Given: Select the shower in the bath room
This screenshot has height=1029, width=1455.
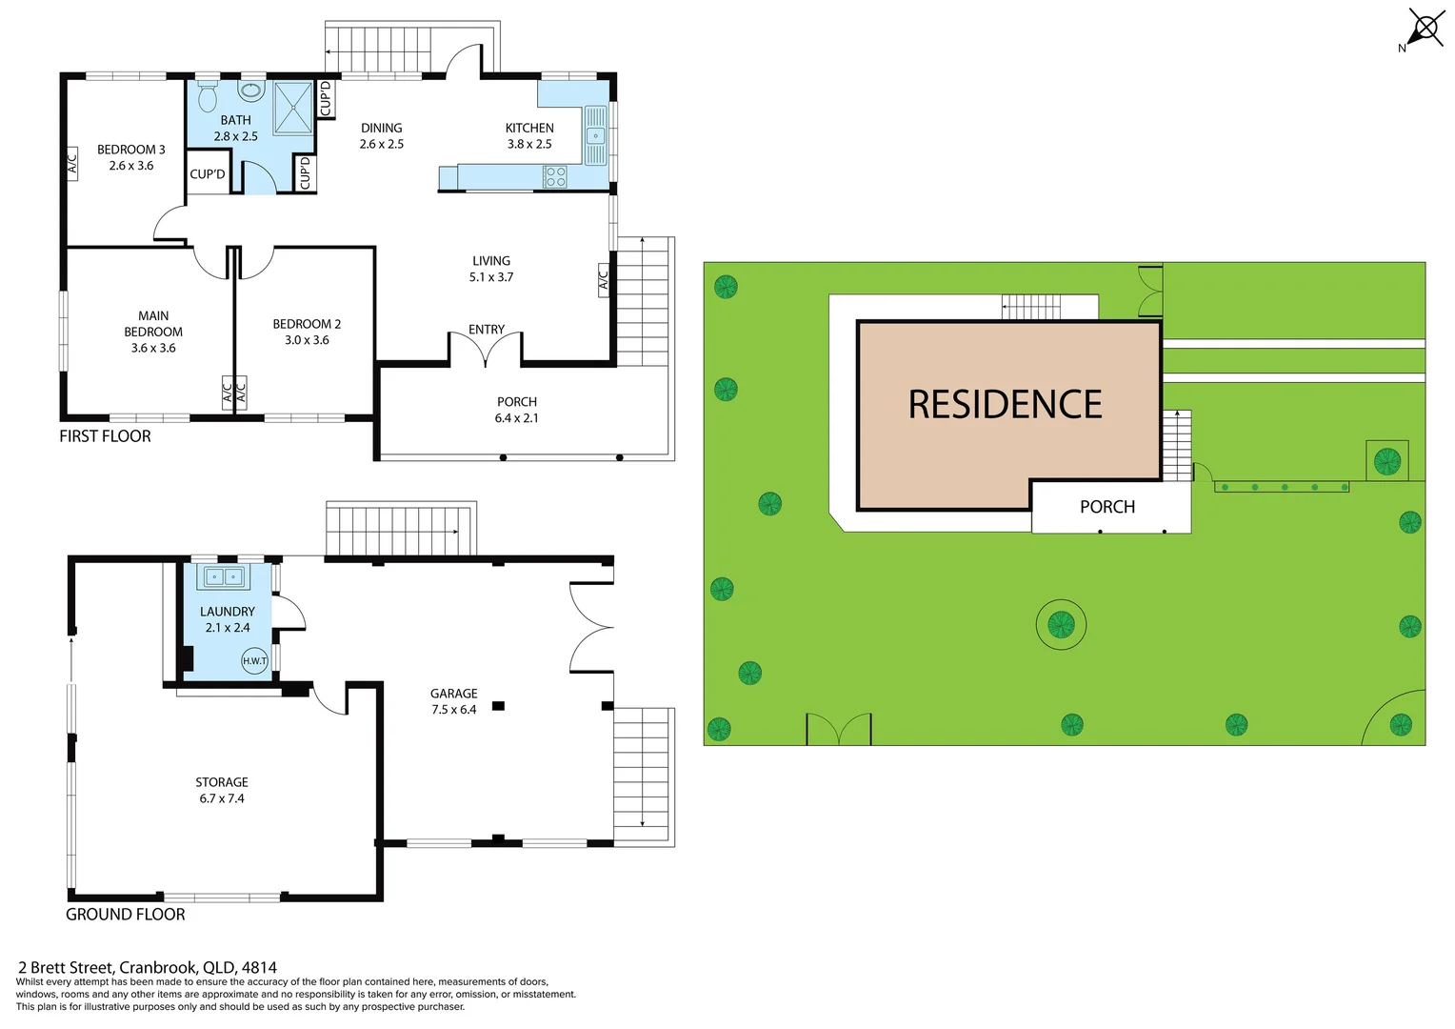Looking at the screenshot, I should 292,107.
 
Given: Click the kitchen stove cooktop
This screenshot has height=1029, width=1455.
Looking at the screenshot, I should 554,176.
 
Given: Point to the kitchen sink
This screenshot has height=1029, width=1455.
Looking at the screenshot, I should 595,135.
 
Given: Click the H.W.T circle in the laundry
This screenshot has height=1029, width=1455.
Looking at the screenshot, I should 254,660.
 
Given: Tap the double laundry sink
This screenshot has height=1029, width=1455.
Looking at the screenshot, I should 224,576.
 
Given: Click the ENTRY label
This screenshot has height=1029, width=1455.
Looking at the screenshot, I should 486,330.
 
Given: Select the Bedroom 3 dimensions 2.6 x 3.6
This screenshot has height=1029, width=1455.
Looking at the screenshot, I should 131,166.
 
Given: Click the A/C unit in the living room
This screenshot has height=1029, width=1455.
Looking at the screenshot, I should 603,280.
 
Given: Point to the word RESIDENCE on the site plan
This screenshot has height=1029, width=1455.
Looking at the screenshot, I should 1005,405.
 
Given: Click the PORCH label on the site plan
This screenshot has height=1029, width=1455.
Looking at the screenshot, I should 1106,507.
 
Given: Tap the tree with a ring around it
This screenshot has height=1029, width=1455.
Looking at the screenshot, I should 1061,625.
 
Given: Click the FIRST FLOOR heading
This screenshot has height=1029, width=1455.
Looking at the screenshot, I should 105,436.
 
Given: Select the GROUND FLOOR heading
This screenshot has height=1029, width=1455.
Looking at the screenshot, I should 125,915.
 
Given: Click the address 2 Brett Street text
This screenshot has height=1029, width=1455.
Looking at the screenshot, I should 148,967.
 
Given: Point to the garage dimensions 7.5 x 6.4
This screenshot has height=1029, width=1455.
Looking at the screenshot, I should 453,710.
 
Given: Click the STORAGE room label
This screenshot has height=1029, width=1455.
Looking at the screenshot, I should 222,782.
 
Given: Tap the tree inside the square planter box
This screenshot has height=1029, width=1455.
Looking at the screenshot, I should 1386,461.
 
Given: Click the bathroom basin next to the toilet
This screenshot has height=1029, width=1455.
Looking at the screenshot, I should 251,91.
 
